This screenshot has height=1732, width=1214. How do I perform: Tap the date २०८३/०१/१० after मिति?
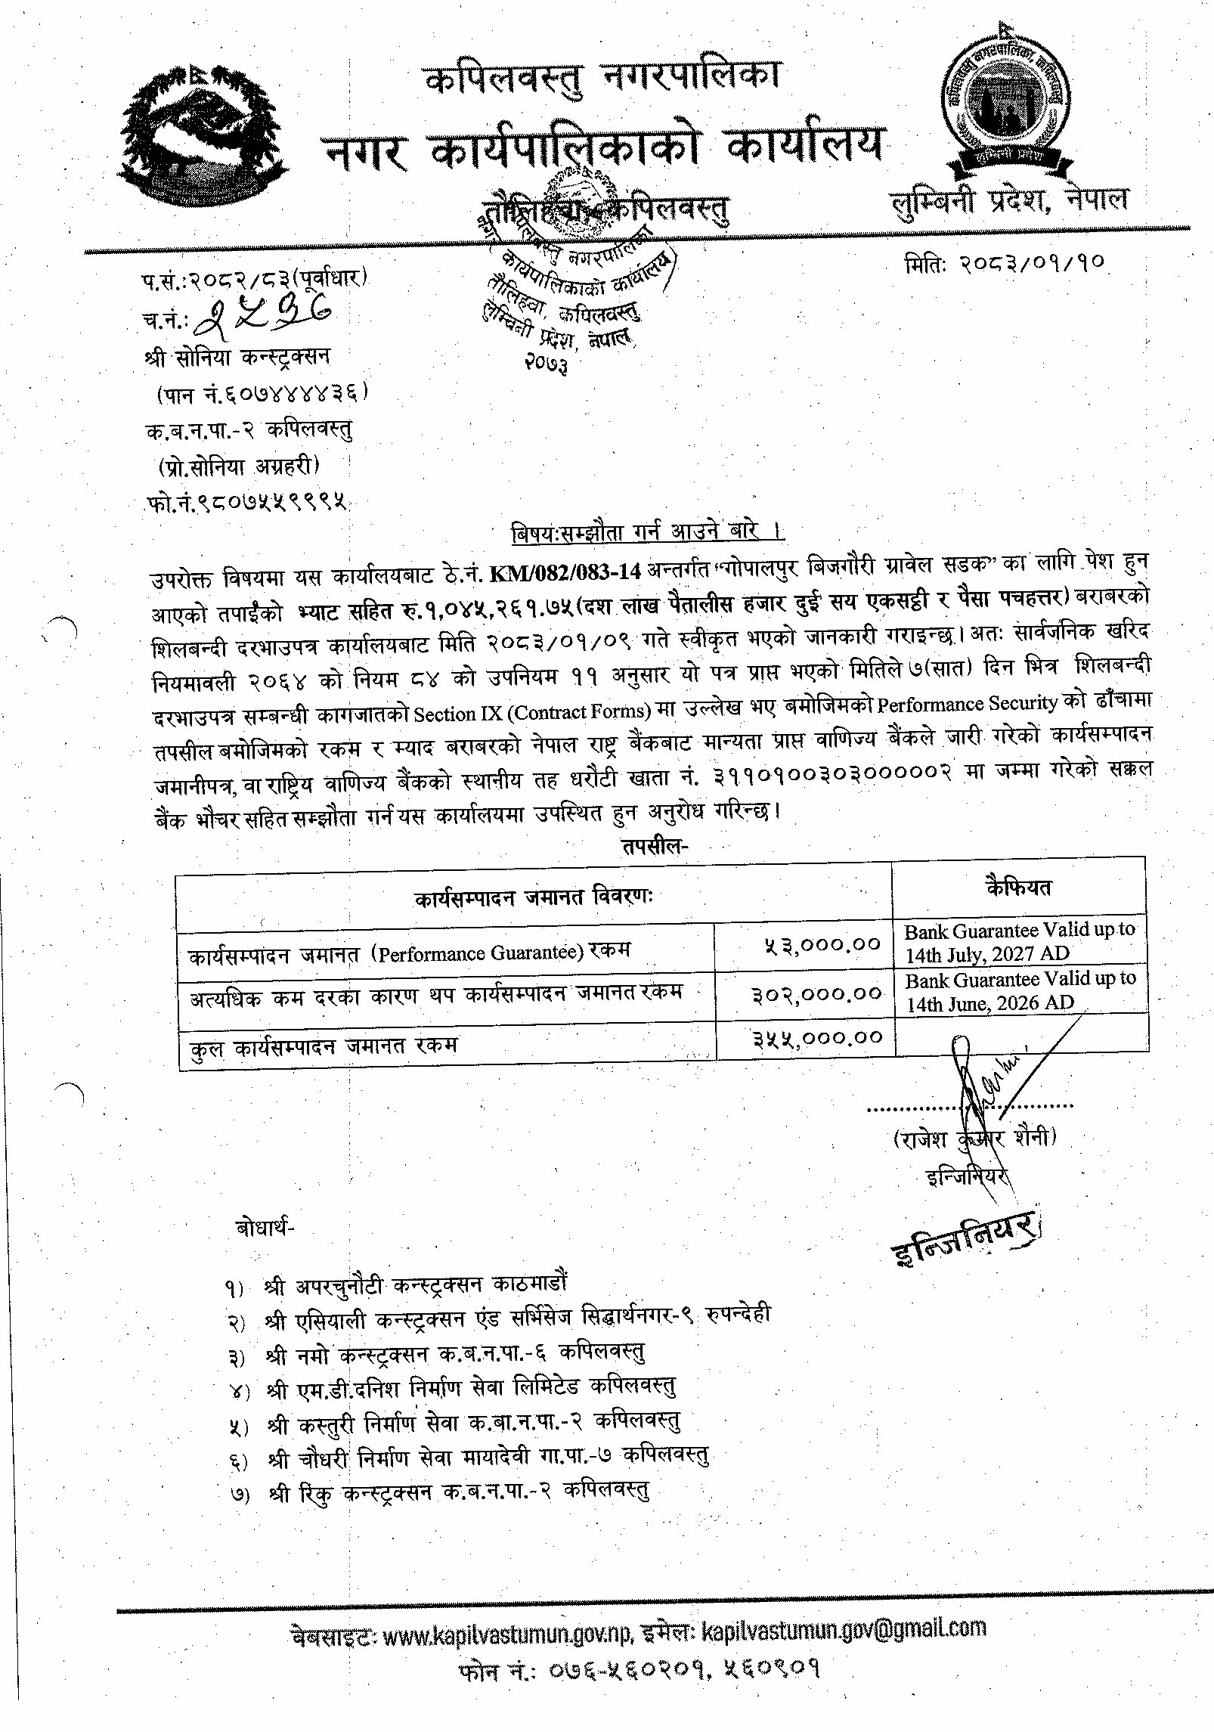(x=1033, y=263)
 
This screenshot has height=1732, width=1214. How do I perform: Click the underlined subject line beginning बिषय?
(x=648, y=532)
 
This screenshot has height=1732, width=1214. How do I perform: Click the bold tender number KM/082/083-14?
(x=565, y=572)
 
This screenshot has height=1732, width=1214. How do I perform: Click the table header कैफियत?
(x=1019, y=888)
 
